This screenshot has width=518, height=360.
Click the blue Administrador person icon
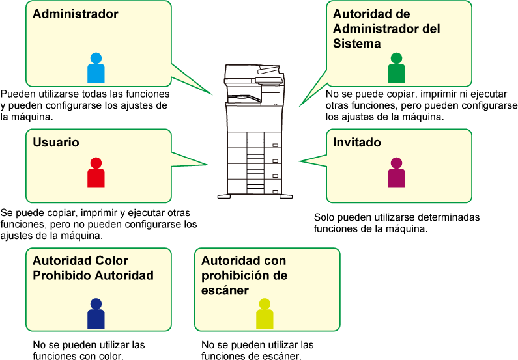tap(96, 68)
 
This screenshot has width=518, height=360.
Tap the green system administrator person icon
tap(396, 68)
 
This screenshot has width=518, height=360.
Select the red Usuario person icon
tap(96, 173)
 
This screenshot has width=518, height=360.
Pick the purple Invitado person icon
tap(396, 173)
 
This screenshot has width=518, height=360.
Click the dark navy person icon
tap(96, 314)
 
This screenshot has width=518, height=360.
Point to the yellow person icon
tap(265, 314)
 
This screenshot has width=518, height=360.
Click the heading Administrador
tap(76, 14)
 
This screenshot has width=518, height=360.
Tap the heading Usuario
tap(56, 142)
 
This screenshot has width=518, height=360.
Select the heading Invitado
tap(357, 142)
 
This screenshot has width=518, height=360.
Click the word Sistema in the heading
tap(357, 43)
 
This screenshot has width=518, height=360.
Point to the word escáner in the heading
tap(225, 290)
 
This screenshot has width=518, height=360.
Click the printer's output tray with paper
tap(244, 98)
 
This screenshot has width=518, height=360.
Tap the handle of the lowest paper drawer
tap(275, 191)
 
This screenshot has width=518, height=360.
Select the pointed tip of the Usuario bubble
tap(208, 164)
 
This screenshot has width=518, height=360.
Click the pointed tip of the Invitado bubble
tap(300, 161)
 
